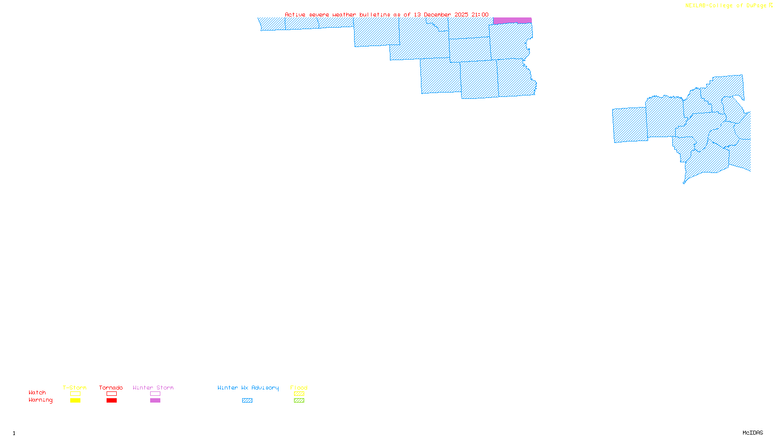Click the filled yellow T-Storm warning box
click(x=75, y=401)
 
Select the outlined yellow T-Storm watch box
click(x=75, y=394)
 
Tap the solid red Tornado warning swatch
click(x=111, y=401)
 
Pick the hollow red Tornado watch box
click(x=111, y=394)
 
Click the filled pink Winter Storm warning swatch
click(x=155, y=401)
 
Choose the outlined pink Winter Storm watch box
click(x=155, y=394)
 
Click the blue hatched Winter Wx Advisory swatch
click(x=247, y=401)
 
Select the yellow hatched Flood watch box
click(x=299, y=394)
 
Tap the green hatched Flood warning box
click(x=299, y=401)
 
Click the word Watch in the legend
click(x=37, y=392)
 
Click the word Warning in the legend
click(x=40, y=400)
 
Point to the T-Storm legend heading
click(x=75, y=388)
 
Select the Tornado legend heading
click(x=111, y=388)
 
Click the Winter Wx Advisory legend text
click(x=248, y=388)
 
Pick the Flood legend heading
click(x=299, y=388)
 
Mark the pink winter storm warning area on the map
click(x=512, y=20)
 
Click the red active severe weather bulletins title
click(x=387, y=15)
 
